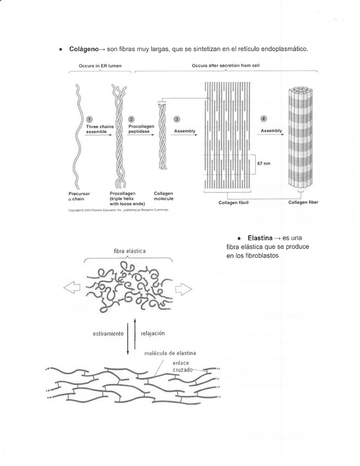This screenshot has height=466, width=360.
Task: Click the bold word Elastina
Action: [260, 238]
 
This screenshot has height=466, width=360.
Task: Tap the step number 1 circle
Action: [90, 119]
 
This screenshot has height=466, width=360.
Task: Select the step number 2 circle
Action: [131, 119]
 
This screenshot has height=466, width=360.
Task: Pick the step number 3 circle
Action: [176, 119]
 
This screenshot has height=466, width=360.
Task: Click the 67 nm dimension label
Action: [264, 163]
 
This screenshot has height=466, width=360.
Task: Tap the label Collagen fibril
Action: [233, 202]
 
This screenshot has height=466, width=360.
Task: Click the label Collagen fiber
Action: [303, 202]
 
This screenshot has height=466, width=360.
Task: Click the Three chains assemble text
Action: [100, 129]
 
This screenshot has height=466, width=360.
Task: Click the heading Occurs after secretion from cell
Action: [226, 65]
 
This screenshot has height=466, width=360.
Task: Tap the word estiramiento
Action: [108, 333]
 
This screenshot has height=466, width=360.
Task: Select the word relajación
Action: [153, 333]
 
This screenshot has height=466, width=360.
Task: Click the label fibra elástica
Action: [129, 251]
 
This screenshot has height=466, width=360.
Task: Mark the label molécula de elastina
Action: [170, 353]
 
